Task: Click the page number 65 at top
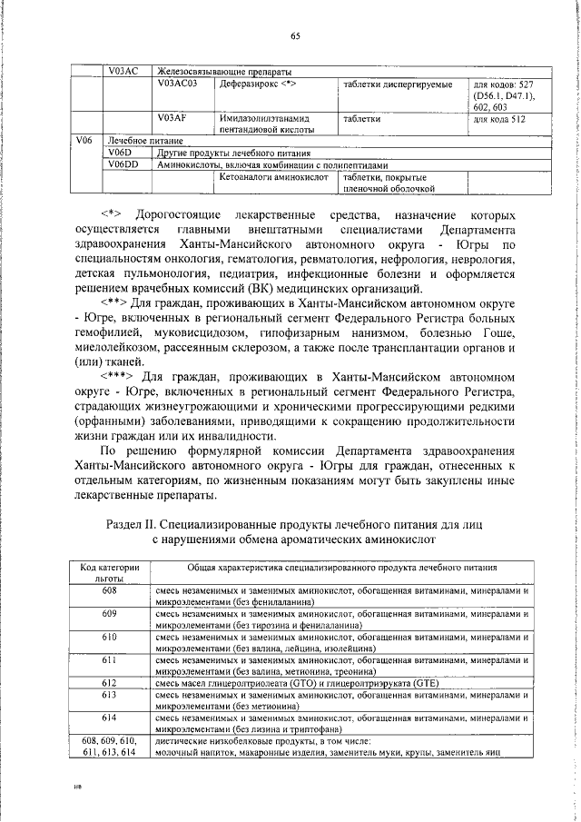pos(295,35)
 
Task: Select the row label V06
pos(83,141)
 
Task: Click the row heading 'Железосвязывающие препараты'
pos(220,72)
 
